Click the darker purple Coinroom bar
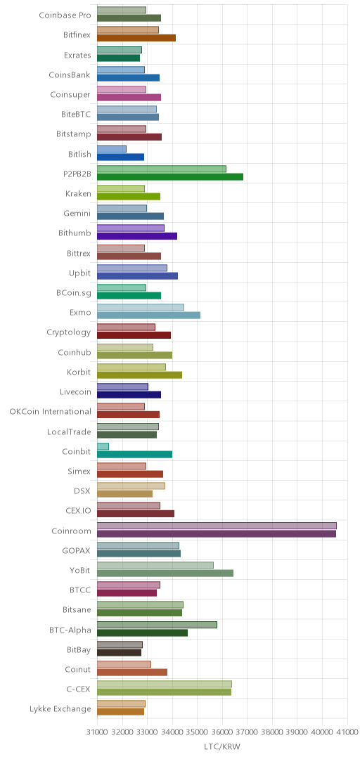click(x=217, y=533)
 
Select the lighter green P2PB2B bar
click(x=162, y=169)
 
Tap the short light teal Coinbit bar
click(x=103, y=446)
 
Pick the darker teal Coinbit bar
click(x=135, y=454)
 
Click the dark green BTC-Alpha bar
click(x=143, y=632)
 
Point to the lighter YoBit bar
click(x=155, y=565)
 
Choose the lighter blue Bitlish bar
click(x=112, y=148)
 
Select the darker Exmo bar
click(x=149, y=315)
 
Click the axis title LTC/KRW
click(x=222, y=746)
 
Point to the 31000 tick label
click(x=98, y=732)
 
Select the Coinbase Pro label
click(x=65, y=15)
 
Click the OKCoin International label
click(x=51, y=411)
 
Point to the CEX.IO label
click(x=78, y=511)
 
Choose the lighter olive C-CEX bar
click(x=165, y=684)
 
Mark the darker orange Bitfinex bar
click(x=136, y=38)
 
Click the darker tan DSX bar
click(x=125, y=494)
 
